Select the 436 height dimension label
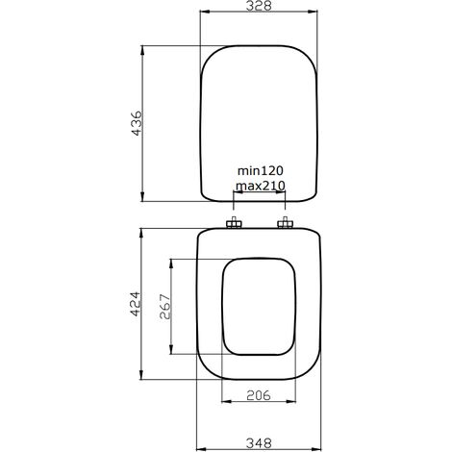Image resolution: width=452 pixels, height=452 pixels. pyautogui.click(x=137, y=123)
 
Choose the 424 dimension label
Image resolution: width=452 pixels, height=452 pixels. pyautogui.click(x=137, y=304)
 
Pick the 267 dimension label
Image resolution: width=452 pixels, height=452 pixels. pyautogui.click(x=164, y=307)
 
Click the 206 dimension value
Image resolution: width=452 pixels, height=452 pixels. pyautogui.click(x=256, y=394)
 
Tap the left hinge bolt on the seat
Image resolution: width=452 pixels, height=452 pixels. pyautogui.click(x=234, y=225)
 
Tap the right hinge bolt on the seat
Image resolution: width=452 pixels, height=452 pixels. pyautogui.click(x=285, y=225)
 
